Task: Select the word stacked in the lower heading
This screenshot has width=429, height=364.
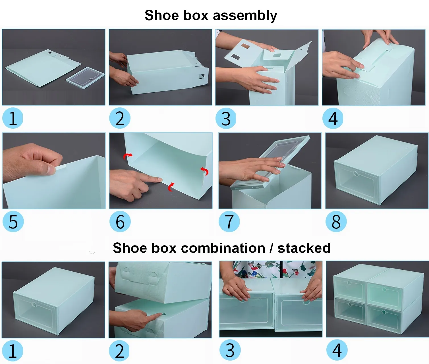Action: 304,248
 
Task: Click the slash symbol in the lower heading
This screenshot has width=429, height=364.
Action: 271,248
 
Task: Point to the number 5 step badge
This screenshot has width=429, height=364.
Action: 13,222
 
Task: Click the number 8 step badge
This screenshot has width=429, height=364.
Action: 336,222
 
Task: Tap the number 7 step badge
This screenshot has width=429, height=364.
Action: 229,222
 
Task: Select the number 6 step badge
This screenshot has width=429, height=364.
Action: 120,222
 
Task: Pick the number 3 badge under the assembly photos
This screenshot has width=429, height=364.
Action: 226,118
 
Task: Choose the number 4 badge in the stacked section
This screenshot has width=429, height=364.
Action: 337,351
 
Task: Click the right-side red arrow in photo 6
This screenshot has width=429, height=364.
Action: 204,171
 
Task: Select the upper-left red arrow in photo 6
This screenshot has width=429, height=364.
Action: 128,155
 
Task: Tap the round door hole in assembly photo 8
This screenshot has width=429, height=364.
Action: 355,173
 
